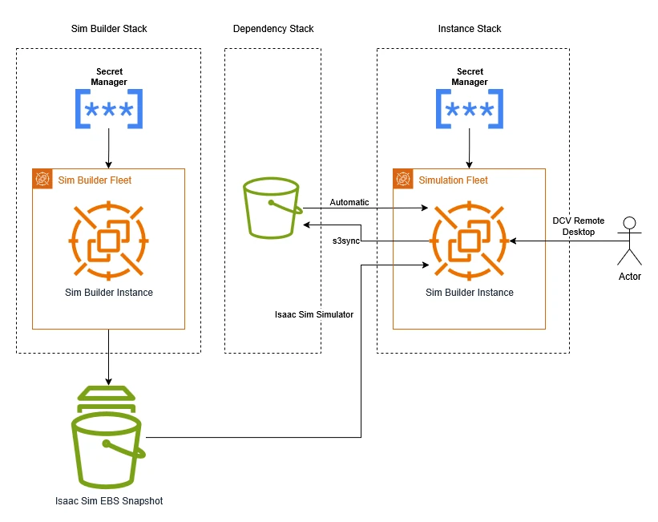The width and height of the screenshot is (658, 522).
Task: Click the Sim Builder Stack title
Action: [x=109, y=29]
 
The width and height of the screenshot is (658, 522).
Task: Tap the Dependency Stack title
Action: [x=273, y=29]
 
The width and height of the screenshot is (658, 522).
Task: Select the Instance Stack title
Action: [x=470, y=29]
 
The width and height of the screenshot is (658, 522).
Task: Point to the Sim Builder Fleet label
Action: [x=95, y=180]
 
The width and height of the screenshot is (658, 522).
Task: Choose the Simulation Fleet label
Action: [x=454, y=180]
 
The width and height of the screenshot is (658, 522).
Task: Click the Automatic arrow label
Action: [x=349, y=202]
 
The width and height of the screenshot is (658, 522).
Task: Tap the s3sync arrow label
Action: [x=345, y=240]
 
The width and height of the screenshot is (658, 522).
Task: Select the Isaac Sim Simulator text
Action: [x=314, y=314]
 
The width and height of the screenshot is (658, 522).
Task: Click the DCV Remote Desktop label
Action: [x=579, y=226]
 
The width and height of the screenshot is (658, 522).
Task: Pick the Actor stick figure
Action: [x=629, y=240]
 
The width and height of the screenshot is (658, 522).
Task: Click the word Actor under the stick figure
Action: [x=630, y=277]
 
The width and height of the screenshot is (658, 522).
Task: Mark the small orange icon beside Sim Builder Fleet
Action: [x=42, y=179]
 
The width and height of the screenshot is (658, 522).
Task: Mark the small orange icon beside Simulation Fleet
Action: [x=403, y=179]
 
